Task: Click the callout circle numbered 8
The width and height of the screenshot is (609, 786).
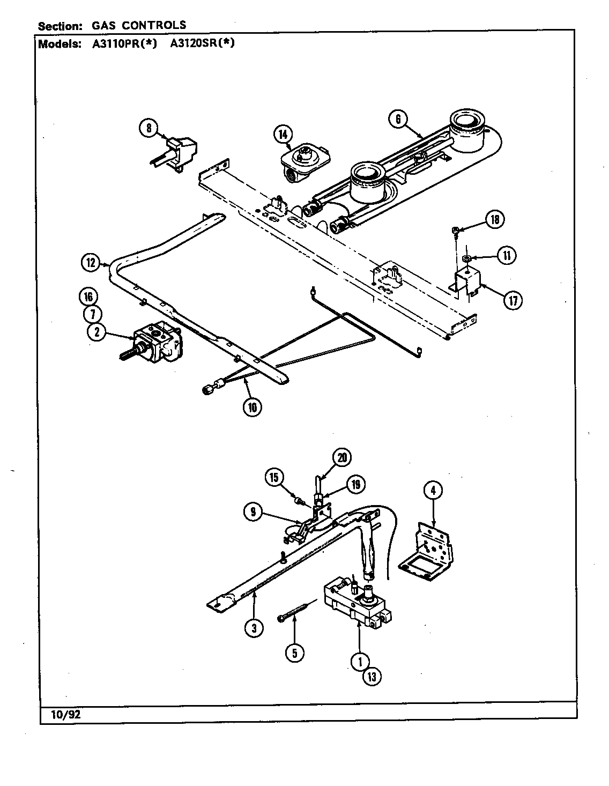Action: point(148,128)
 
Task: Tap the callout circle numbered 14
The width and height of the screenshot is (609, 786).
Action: point(283,134)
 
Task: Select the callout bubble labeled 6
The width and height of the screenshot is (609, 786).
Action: point(398,118)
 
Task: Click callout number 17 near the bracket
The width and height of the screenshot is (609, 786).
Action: point(513,300)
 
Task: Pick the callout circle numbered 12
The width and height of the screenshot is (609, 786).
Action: point(91,263)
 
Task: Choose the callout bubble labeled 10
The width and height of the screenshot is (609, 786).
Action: point(251,407)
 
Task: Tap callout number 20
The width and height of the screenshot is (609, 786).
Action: point(342,457)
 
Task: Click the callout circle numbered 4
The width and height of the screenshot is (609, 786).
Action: point(433,490)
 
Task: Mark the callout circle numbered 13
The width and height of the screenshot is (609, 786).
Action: point(372,677)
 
